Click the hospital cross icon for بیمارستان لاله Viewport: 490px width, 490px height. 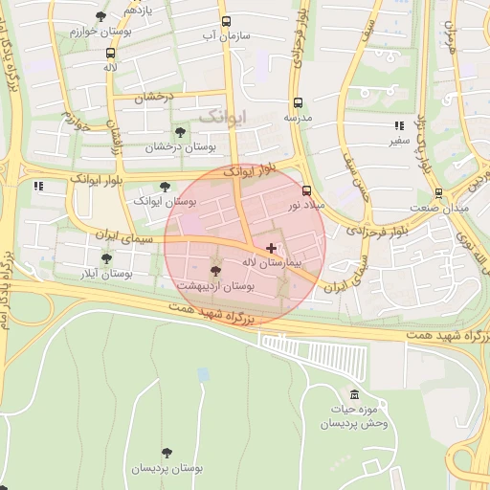click(x=271, y=248)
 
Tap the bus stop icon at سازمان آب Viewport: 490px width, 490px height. click(x=226, y=21)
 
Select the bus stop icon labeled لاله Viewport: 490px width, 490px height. click(x=110, y=54)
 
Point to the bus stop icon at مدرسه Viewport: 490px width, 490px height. click(x=298, y=102)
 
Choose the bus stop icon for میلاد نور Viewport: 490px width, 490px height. click(x=306, y=190)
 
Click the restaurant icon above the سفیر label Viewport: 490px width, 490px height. click(x=398, y=126)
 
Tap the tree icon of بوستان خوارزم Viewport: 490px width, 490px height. click(x=101, y=16)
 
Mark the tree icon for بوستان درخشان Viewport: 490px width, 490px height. click(x=179, y=133)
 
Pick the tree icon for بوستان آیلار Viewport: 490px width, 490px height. click(x=106, y=258)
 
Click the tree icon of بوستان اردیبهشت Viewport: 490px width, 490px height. click(x=214, y=272)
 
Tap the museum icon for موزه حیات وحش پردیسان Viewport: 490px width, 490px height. click(x=354, y=396)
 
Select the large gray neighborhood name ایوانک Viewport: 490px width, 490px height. click(x=222, y=116)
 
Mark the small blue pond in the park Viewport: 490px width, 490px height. click(x=203, y=375)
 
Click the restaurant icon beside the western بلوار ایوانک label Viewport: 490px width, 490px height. click(x=39, y=186)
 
